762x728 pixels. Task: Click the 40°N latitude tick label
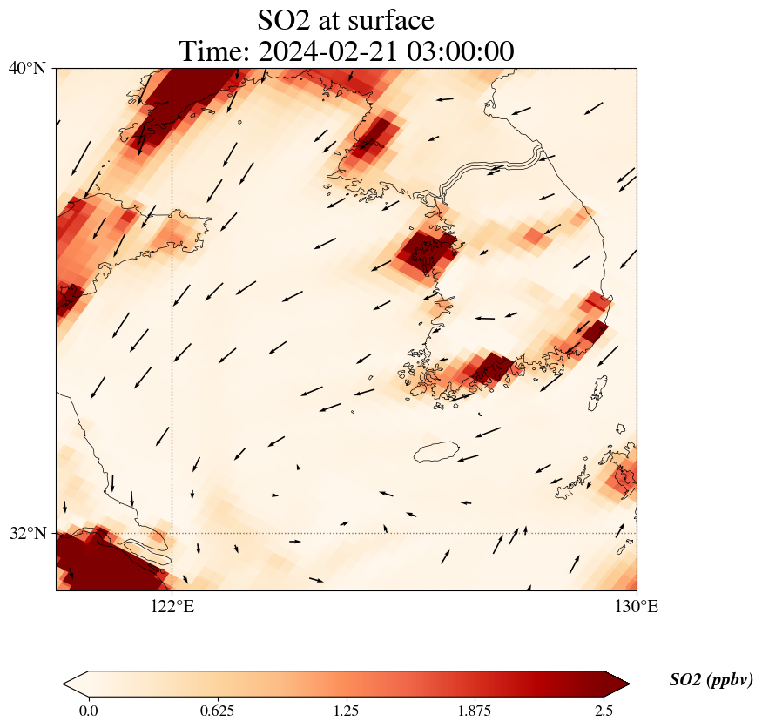click(27, 68)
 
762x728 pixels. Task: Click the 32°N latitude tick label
click(27, 533)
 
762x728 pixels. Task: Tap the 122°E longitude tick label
click(172, 607)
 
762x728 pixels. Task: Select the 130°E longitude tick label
click(637, 607)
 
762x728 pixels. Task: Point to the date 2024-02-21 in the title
click(327, 51)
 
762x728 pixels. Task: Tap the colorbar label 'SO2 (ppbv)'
click(711, 680)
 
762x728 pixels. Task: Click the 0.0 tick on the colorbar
click(88, 710)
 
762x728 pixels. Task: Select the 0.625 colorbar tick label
click(217, 710)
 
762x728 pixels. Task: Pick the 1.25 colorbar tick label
click(347, 710)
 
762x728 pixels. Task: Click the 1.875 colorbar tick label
click(475, 710)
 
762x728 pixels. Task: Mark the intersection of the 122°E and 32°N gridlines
click(172, 533)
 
